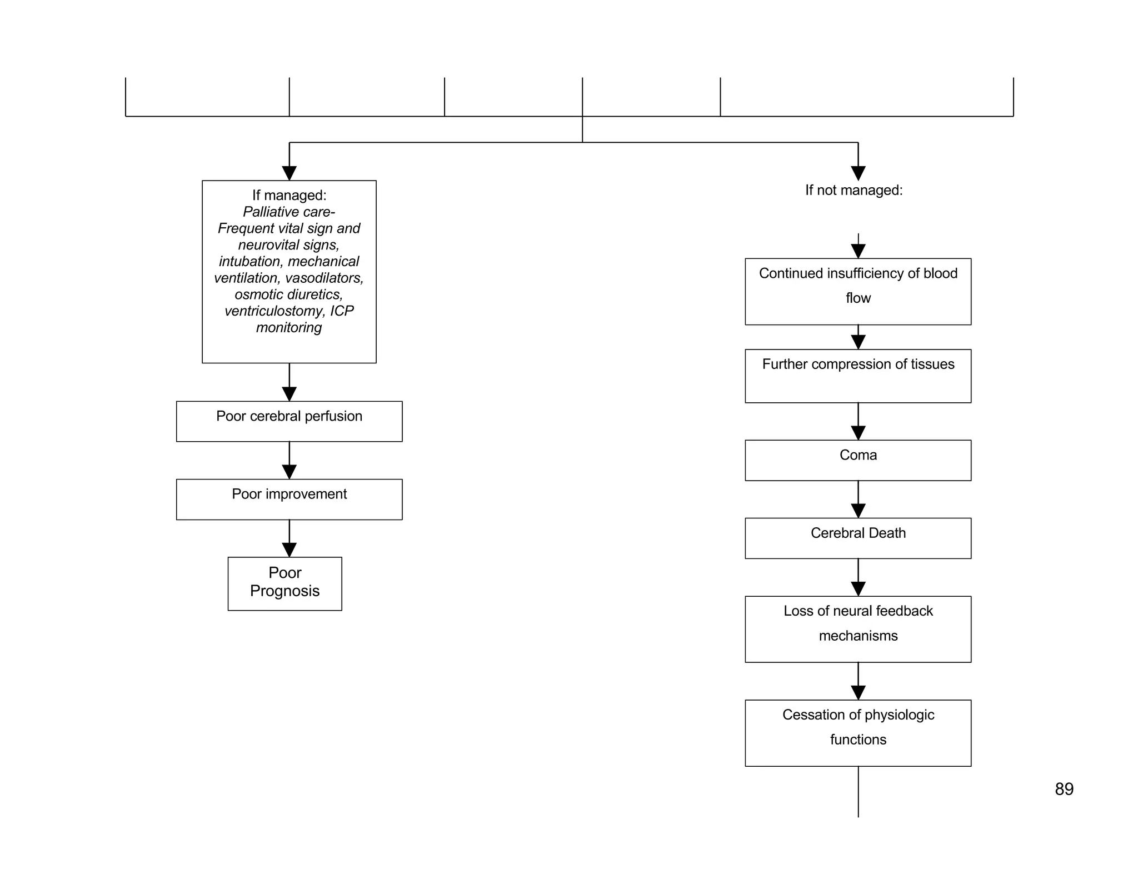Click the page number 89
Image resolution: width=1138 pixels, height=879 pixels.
(1064, 789)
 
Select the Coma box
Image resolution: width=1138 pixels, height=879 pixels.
(857, 460)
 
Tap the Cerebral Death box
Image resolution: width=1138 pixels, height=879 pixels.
(857, 538)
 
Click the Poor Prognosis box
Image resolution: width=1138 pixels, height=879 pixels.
(284, 583)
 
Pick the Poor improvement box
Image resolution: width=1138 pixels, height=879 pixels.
(289, 499)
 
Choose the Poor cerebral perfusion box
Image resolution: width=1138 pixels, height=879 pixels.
(289, 421)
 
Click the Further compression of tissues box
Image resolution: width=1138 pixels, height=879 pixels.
(857, 376)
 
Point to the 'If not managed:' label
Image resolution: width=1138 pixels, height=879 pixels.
(853, 190)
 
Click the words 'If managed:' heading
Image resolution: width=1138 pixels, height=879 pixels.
(289, 195)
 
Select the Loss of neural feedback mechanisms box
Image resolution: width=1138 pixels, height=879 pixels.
(857, 628)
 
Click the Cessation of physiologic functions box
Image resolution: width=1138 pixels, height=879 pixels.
(857, 732)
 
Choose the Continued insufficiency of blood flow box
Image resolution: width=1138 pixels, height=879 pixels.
(857, 291)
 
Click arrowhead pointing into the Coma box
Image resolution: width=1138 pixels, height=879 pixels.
(858, 433)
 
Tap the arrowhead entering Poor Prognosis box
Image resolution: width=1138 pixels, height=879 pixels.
(289, 550)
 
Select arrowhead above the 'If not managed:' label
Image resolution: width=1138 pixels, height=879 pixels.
(858, 173)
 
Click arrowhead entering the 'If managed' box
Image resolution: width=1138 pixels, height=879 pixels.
(289, 173)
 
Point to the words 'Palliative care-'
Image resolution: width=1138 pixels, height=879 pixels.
(289, 212)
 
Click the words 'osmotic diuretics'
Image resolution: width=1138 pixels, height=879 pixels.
(288, 294)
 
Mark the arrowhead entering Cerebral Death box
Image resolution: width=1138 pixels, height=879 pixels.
(858, 511)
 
